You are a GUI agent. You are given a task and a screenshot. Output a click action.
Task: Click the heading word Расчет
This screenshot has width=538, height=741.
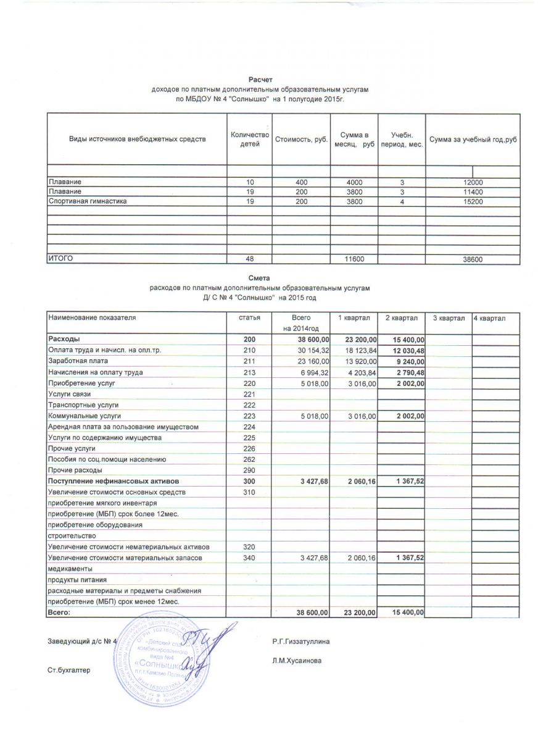[x=260, y=80]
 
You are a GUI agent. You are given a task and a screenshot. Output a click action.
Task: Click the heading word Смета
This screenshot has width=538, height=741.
[x=260, y=278]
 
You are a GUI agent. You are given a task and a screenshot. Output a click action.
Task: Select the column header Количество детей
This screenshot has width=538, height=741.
[x=250, y=140]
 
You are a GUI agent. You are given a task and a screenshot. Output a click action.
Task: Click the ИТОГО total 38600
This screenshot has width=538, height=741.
[x=473, y=260]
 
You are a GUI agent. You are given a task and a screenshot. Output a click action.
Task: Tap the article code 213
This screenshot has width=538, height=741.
[x=250, y=372]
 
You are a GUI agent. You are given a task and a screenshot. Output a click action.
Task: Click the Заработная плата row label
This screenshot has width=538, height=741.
[x=76, y=361]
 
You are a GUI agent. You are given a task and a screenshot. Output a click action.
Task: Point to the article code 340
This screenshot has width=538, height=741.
[x=250, y=558]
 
